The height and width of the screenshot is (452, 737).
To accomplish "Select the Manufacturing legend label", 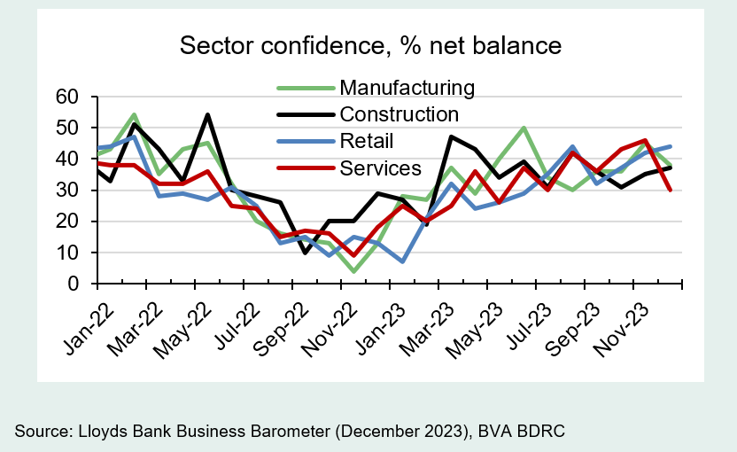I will pyautogui.click(x=407, y=88).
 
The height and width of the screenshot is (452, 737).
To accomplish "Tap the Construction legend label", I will pyautogui.click(x=400, y=114).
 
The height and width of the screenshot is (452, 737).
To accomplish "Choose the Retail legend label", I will pyautogui.click(x=367, y=141).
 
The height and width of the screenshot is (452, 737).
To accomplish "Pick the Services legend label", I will pyautogui.click(x=381, y=168).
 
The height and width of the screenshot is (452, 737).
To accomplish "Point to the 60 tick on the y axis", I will pyautogui.click(x=68, y=96).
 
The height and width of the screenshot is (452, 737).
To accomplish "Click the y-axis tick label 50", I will pyautogui.click(x=68, y=128).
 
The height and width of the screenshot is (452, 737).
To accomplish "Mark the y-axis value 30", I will pyautogui.click(x=68, y=191).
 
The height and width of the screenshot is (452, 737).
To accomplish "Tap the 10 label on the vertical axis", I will pyautogui.click(x=68, y=253).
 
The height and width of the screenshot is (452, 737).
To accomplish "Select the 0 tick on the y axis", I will pyautogui.click(x=74, y=284).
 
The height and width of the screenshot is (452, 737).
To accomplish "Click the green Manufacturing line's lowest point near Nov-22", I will pyautogui.click(x=354, y=271).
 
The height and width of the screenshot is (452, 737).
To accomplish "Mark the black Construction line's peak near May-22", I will pyautogui.click(x=207, y=114).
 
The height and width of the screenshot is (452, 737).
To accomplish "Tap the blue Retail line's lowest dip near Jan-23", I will pyautogui.click(x=403, y=261).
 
